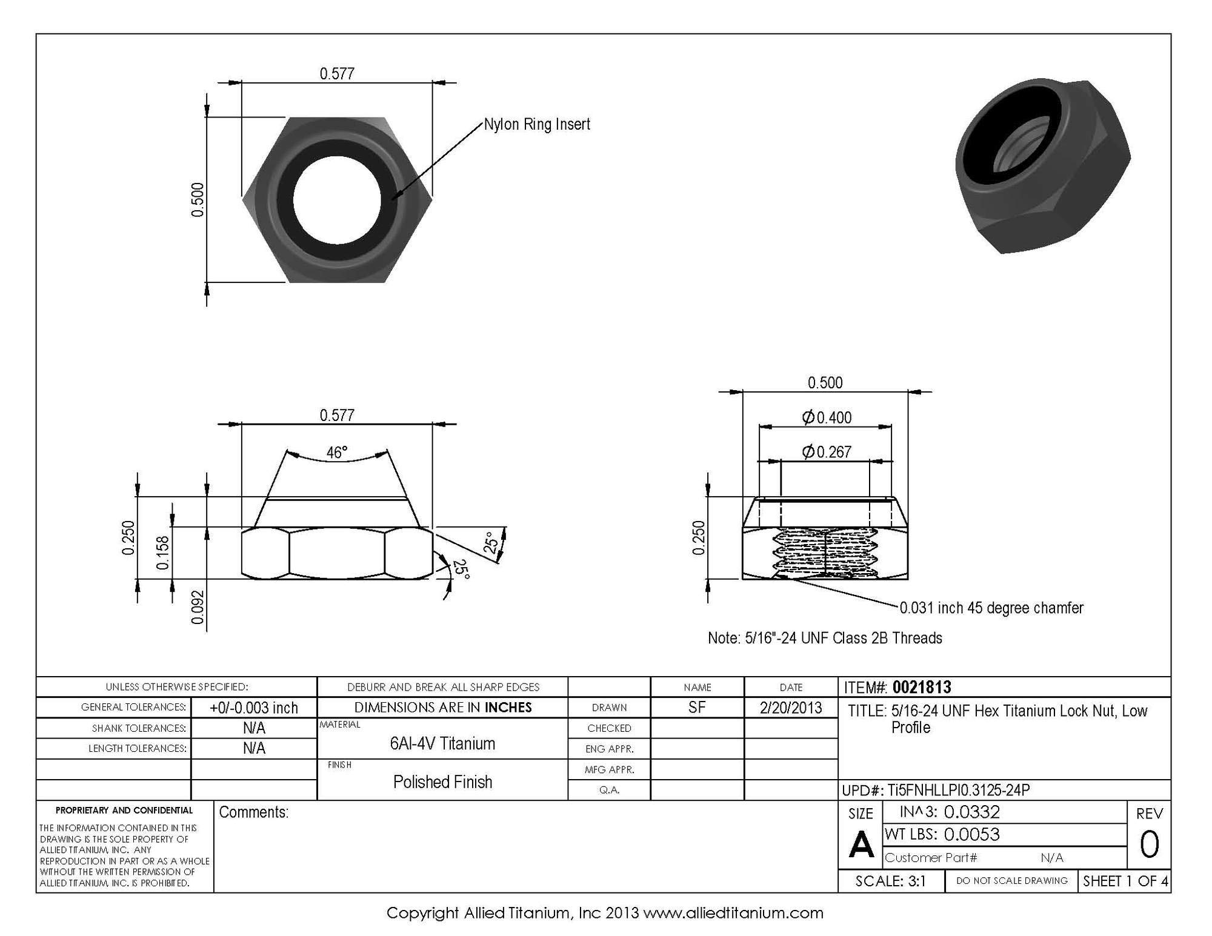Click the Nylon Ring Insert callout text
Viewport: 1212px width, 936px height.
point(536,125)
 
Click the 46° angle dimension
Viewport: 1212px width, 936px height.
point(337,453)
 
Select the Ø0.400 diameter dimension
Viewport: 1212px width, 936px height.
point(827,417)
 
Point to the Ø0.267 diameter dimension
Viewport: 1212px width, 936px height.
point(827,452)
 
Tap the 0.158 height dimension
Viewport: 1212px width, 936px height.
point(162,553)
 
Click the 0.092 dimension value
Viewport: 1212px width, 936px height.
point(198,608)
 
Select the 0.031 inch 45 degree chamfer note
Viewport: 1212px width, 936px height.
point(991,608)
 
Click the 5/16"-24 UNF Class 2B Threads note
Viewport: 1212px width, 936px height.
point(825,638)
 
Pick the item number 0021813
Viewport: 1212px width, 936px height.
point(922,687)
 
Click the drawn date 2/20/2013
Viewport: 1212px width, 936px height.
point(790,708)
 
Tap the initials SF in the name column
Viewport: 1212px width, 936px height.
point(697,707)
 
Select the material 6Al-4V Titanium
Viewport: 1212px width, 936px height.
point(442,743)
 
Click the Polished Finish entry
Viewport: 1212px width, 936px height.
point(442,782)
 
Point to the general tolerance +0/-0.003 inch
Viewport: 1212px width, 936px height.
point(254,708)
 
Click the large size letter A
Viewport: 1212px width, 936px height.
point(861,845)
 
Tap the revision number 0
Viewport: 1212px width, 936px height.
point(1149,845)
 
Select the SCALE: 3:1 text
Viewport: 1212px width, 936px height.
point(890,881)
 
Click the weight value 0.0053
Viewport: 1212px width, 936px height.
point(971,835)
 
